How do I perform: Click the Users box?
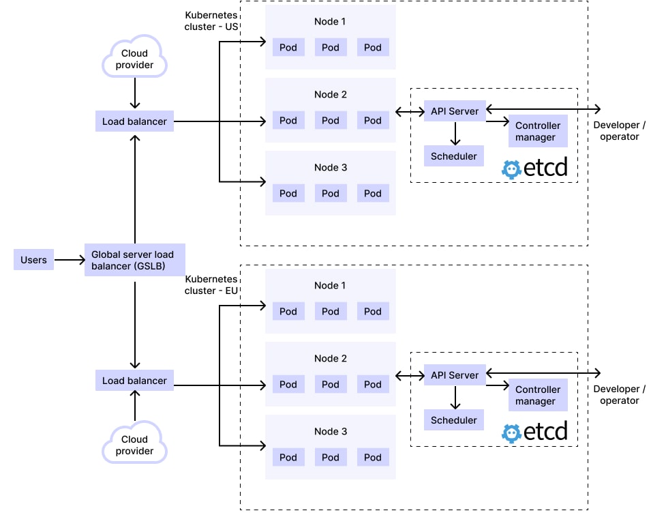coord(33,260)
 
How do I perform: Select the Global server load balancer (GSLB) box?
coord(134,260)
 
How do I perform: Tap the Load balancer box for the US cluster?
coord(134,122)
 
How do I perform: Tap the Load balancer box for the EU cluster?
coord(134,381)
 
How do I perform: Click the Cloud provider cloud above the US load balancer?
coord(134,58)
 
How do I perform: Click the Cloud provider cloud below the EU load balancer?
coord(134,445)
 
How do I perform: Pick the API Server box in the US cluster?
coord(454,111)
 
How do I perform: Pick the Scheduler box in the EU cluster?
coord(453,420)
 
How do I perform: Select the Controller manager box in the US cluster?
coord(538,132)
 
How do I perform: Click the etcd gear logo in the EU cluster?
coord(511,433)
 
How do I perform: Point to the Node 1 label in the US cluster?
coord(330,22)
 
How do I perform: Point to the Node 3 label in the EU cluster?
coord(330,432)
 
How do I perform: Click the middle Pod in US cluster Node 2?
coord(331,121)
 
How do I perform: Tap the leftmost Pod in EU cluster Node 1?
coord(288,312)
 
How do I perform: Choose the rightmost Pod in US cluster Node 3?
coord(372,194)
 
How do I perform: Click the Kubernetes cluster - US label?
coord(211,21)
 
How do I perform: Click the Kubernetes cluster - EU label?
coord(211,285)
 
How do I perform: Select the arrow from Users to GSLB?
coord(68,260)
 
